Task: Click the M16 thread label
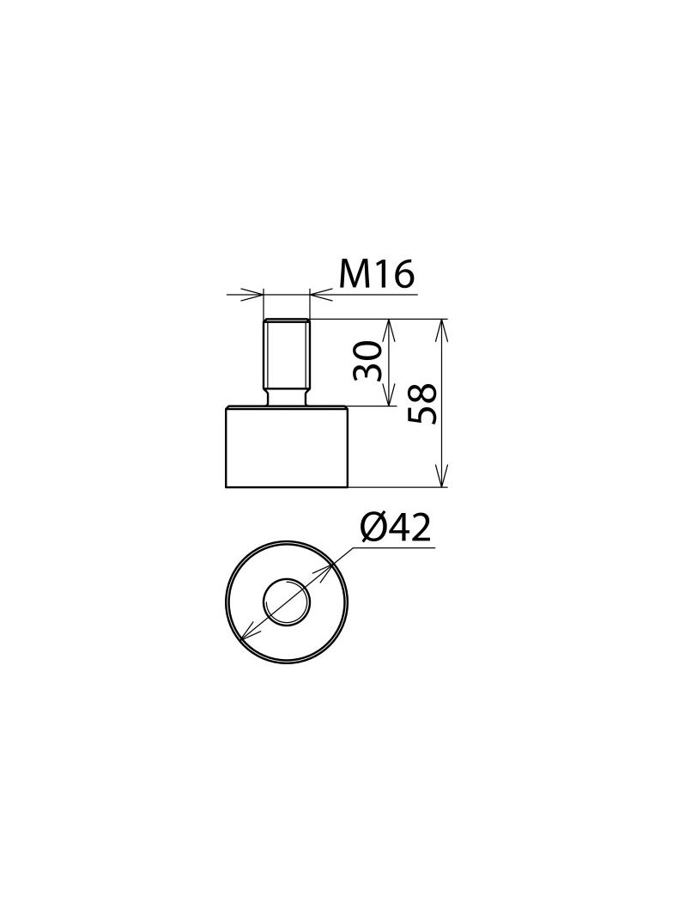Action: click(377, 273)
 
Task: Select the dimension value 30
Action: click(368, 361)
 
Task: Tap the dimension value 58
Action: click(423, 404)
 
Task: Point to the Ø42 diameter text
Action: click(395, 528)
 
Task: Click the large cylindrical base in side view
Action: click(287, 448)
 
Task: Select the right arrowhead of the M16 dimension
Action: click(318, 295)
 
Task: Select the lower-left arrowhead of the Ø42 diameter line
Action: click(247, 635)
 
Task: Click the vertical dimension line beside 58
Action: click(442, 447)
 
